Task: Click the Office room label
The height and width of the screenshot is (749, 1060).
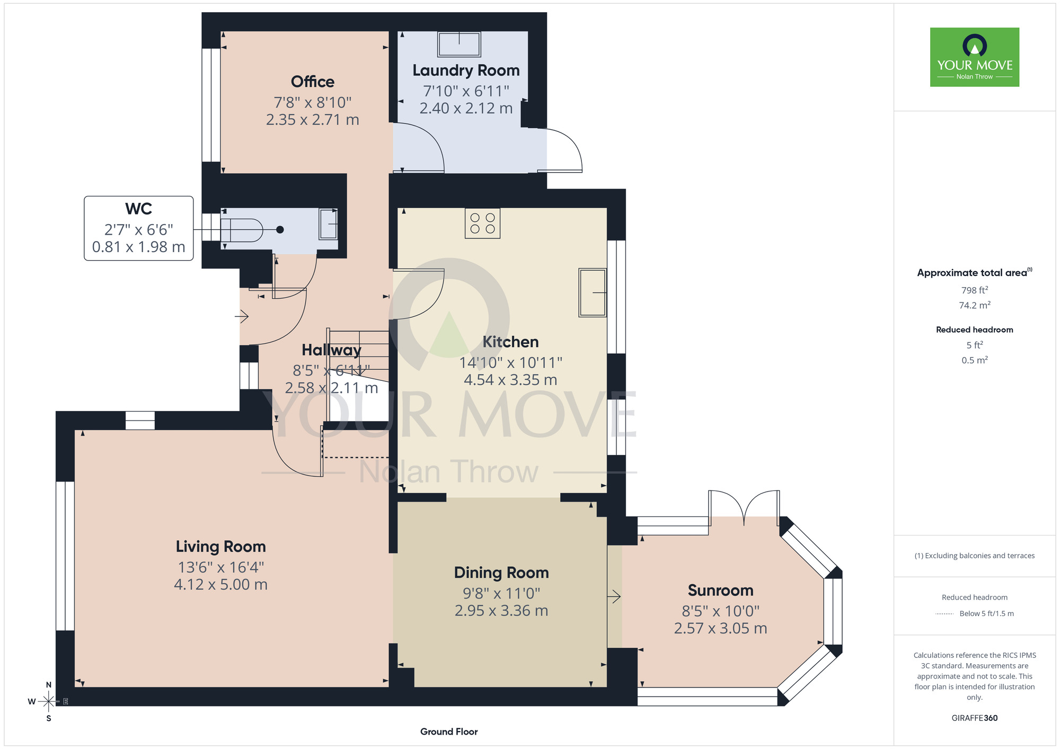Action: [x=313, y=82]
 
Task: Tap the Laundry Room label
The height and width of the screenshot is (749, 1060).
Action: [x=466, y=70]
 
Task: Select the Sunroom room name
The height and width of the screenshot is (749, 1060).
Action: [x=720, y=590]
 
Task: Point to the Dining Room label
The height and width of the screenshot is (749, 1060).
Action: [x=501, y=573]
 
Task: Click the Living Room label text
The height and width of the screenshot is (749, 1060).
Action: [x=220, y=547]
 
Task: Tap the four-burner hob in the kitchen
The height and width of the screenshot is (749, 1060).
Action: [x=482, y=224]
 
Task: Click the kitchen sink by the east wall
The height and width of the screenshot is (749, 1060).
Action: [x=593, y=292]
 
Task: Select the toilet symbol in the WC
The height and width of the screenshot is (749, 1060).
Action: [x=242, y=230]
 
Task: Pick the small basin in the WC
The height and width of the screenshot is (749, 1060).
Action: [x=328, y=224]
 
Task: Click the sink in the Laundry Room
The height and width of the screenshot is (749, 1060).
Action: [x=459, y=44]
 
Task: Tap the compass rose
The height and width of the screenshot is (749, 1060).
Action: [x=48, y=702]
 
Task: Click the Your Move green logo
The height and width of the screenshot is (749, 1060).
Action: [x=975, y=57]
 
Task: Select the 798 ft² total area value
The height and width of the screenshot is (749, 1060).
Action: [x=975, y=290]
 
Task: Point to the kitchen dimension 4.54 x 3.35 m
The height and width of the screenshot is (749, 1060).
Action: [x=510, y=380]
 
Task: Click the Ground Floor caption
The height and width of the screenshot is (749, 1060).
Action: [x=449, y=732]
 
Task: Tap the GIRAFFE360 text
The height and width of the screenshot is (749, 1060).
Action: [x=975, y=718]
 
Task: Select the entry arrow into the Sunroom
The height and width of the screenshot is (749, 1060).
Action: [x=614, y=597]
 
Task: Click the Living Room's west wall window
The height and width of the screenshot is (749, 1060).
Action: [x=65, y=556]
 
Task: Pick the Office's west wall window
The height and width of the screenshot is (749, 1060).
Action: [x=211, y=105]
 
